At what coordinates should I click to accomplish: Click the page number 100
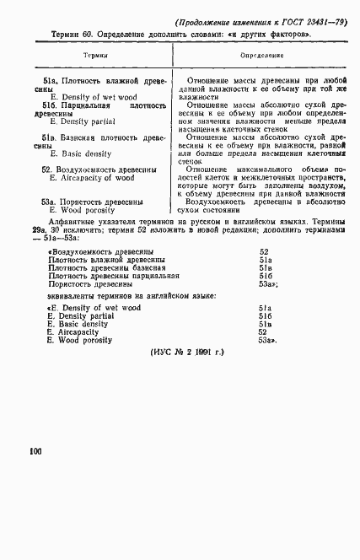click(x=35, y=452)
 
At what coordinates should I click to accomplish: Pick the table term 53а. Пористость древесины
click(x=92, y=202)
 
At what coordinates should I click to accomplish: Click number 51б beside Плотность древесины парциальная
click(x=264, y=276)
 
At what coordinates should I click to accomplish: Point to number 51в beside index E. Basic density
click(x=264, y=324)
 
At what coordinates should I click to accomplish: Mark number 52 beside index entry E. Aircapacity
click(x=264, y=332)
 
